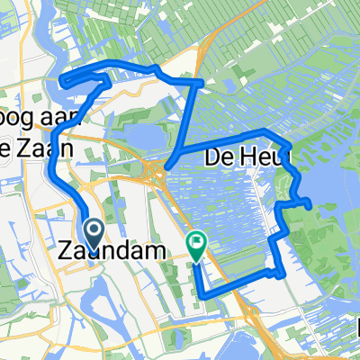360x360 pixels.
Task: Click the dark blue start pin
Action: click(94, 233)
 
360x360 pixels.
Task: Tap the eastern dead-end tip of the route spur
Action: click(311, 206)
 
